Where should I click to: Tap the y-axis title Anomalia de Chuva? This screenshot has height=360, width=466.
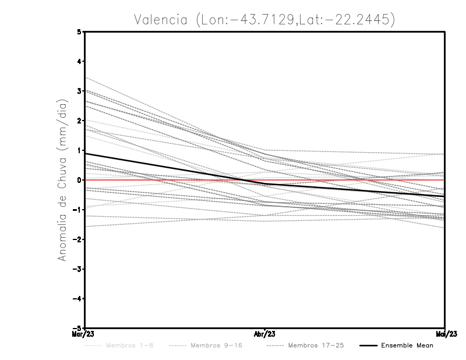click(62, 180)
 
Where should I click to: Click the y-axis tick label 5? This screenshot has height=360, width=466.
click(80, 32)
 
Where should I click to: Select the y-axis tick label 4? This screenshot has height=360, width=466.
click(80, 61)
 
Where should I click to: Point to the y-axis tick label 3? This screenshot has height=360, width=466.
click(80, 91)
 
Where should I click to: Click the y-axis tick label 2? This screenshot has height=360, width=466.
click(80, 121)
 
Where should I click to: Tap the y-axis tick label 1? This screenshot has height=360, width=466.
click(80, 150)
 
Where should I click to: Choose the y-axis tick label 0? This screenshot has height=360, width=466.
click(80, 180)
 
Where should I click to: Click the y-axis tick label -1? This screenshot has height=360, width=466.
click(78, 210)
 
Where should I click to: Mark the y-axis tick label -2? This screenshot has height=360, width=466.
click(78, 239)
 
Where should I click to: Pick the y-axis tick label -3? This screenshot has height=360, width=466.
click(78, 269)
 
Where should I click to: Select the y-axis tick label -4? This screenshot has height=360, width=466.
click(78, 298)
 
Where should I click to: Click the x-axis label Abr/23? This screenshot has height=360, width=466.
click(265, 334)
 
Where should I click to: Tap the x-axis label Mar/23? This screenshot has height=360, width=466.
click(84, 334)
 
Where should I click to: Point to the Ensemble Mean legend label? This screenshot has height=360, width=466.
click(407, 345)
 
